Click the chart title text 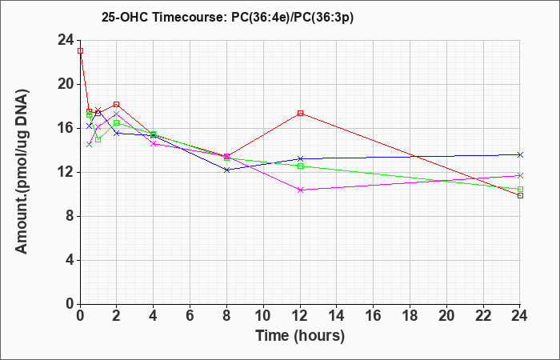227,18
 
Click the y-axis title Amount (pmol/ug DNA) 22,172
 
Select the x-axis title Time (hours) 300,336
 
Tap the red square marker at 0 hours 80,50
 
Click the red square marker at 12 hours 300,114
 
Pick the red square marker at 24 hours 520,195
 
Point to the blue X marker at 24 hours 520,154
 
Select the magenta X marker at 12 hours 300,190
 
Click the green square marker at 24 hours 520,190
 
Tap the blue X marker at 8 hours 226,170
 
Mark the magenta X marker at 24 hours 520,175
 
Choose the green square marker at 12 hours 300,166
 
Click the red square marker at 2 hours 116,104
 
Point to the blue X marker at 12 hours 300,158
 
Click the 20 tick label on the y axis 66,84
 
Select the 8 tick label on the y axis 70,217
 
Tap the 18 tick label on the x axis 410,316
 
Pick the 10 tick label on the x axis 263,316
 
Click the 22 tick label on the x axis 483,316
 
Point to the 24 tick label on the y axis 66,40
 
